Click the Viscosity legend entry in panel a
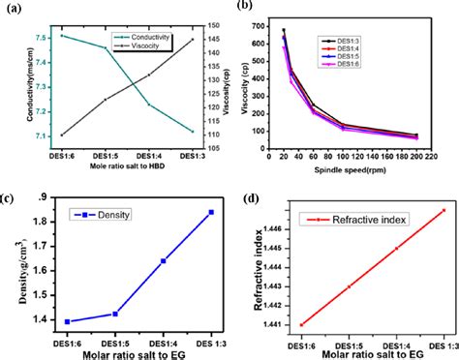click(x=138, y=48)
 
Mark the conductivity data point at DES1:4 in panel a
click(x=148, y=105)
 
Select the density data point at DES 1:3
click(x=211, y=212)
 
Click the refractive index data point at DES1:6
click(x=301, y=324)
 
